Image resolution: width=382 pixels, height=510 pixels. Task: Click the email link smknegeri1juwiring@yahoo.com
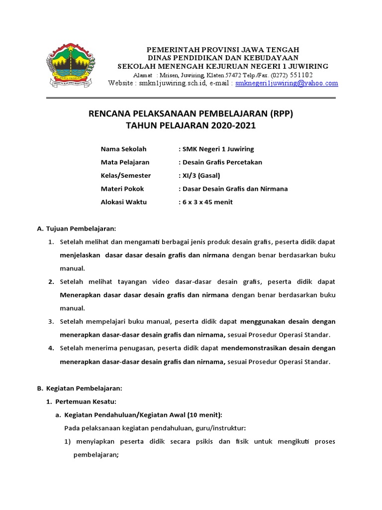coord(286,84)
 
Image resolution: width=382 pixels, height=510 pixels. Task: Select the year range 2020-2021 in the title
coord(231,126)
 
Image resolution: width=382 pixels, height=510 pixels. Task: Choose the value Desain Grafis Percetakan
coord(223,162)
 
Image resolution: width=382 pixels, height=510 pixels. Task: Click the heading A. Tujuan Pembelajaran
coord(77,229)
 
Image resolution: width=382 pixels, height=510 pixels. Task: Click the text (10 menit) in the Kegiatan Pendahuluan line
coord(206,414)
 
